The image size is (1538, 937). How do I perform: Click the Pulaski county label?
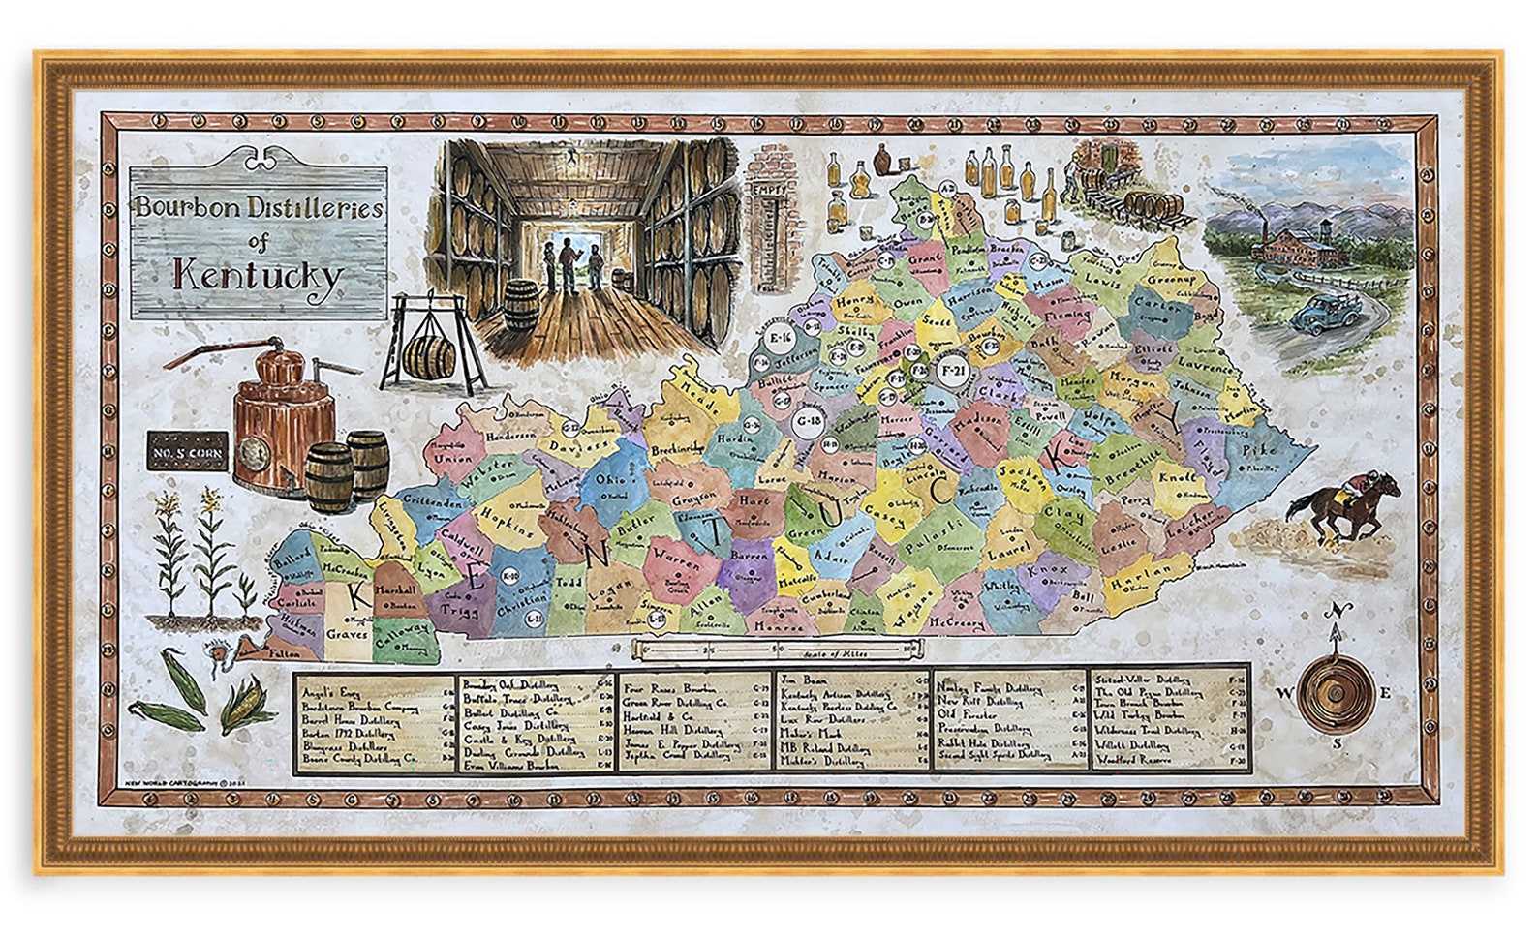pyautogui.click(x=935, y=529)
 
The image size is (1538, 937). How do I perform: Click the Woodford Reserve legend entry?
pyautogui.click(x=1134, y=760)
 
